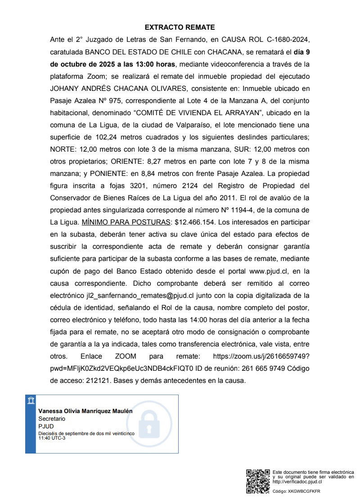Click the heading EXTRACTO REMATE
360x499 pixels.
click(x=180, y=27)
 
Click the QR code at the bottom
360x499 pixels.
click(x=258, y=481)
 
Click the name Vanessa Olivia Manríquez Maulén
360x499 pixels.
click(x=85, y=411)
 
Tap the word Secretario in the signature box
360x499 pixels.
click(x=52, y=418)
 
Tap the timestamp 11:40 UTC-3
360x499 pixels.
click(x=52, y=438)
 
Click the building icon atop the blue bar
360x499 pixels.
click(x=31, y=401)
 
